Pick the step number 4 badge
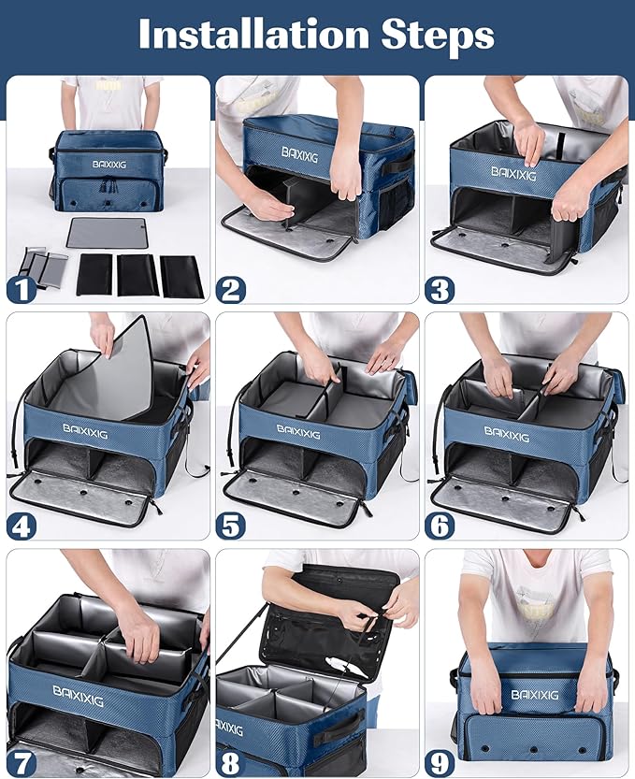(22, 526)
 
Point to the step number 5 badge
(231, 526)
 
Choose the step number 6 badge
(440, 526)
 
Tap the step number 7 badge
(22, 762)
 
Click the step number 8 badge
(231, 762)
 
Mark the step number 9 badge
(440, 762)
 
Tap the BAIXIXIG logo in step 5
(297, 433)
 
